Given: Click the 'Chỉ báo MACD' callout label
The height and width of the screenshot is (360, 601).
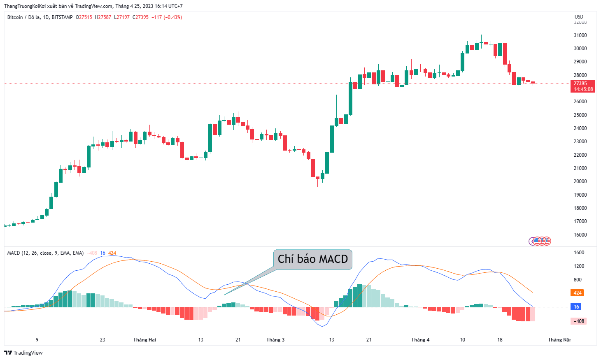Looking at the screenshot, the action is (312, 259).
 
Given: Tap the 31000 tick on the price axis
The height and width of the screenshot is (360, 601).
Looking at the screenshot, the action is (580, 35).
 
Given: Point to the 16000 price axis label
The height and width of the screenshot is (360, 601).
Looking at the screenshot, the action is (580, 235).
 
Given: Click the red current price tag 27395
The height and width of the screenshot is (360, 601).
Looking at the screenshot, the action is (583, 86).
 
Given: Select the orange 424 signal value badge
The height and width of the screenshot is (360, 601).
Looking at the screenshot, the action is (577, 293).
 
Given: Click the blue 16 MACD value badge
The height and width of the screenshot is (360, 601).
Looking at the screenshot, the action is (576, 307).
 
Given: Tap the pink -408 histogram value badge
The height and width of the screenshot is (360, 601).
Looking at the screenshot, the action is (578, 321).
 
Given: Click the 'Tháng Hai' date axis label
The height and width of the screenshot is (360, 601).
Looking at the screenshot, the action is (144, 340).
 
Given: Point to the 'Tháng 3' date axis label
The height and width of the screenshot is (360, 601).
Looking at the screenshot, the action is (275, 340).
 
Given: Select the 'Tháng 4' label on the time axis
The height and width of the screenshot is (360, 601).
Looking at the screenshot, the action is (420, 340).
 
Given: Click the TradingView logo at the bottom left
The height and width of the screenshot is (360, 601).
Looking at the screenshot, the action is (23, 353).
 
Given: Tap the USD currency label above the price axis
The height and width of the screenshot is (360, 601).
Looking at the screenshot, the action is (579, 16).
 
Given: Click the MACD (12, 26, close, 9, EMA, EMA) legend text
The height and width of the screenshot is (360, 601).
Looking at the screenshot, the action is (45, 253).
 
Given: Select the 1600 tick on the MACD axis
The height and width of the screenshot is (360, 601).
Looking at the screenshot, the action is (579, 253).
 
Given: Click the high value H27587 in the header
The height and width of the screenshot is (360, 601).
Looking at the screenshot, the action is (103, 17).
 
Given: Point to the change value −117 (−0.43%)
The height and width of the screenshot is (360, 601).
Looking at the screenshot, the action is (167, 17).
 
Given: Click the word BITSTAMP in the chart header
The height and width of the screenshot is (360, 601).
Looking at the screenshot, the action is (62, 17).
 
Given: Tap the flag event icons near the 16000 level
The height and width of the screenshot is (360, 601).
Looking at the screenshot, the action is (540, 241).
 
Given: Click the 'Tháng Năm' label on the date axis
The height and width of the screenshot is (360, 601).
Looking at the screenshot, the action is (559, 340).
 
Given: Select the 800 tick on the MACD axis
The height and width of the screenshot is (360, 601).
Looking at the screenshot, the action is (578, 279).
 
